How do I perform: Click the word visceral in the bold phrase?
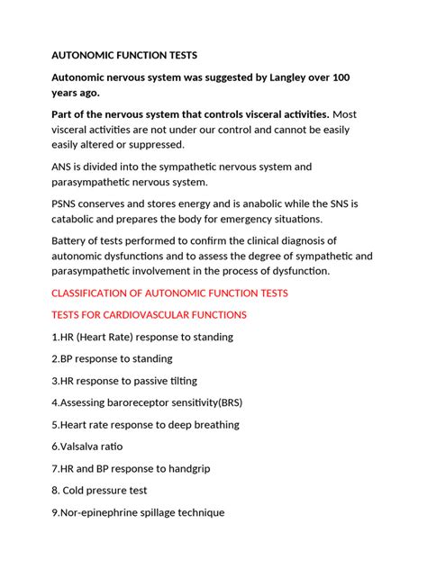(x=236, y=114)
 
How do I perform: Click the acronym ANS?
(x=63, y=167)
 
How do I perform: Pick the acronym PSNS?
(x=68, y=203)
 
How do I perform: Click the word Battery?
(x=71, y=240)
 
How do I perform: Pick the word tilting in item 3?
(x=178, y=380)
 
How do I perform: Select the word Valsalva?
(x=84, y=447)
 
